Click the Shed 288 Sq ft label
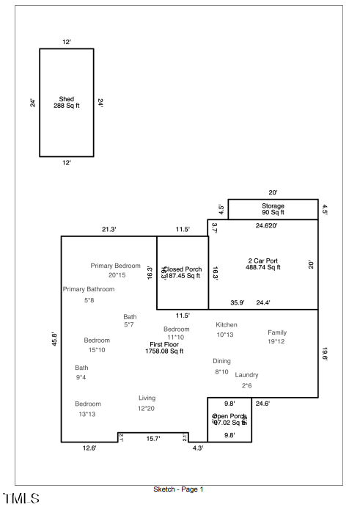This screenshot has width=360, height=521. tap(67, 102)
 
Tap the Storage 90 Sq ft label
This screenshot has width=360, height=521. tap(273, 209)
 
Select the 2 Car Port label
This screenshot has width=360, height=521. tap(262, 264)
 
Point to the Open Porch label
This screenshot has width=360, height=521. tap(229, 419)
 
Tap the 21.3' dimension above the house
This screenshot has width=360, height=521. tap(109, 230)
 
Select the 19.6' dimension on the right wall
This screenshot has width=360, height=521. tap(325, 354)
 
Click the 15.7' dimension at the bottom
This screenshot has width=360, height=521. tap(153, 438)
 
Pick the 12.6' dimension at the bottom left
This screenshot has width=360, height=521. tap(89, 448)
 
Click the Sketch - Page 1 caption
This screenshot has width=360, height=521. tap(178, 489)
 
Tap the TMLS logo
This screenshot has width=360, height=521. tap(21, 499)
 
